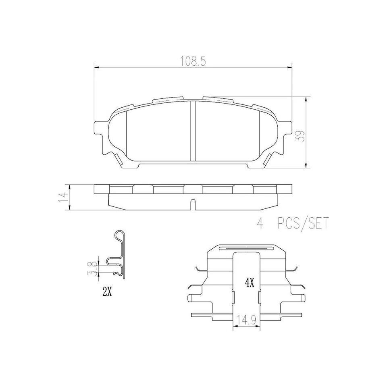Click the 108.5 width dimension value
tap(193, 61)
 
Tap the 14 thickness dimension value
tap(63, 198)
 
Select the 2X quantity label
tap(107, 292)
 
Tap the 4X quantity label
tap(249, 283)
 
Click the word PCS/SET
tap(303, 223)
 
